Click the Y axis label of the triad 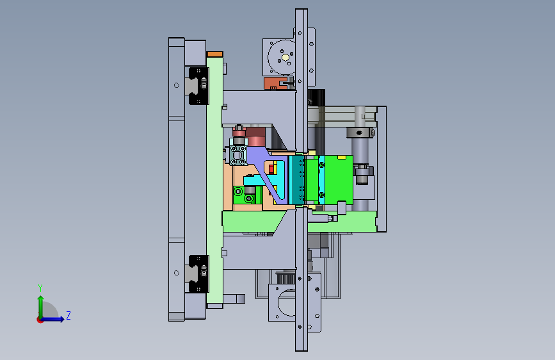[40, 288]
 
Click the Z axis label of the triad [68, 315]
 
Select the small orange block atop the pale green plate [215, 54]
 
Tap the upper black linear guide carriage [198, 86]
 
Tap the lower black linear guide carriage [198, 274]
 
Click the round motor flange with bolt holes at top [282, 57]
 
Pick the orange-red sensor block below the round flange [275, 84]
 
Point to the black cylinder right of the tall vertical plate [316, 97]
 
